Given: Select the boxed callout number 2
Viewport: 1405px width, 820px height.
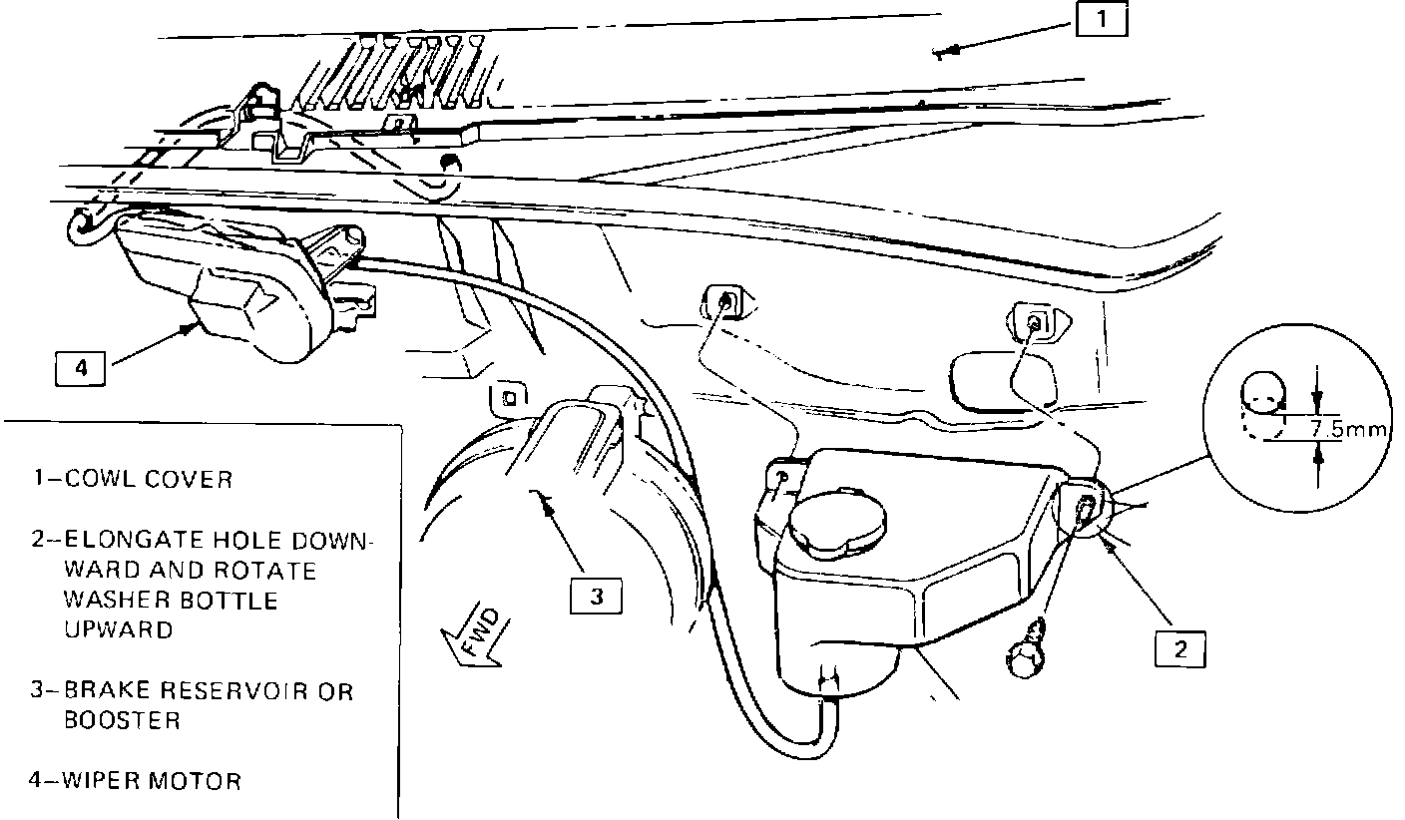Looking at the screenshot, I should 1179,649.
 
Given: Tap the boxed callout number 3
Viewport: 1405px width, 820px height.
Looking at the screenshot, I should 596,597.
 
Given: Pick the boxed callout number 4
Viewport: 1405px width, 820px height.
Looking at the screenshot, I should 80,369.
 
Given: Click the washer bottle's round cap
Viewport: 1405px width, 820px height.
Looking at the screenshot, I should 835,522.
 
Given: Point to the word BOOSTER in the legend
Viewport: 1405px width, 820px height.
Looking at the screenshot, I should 122,720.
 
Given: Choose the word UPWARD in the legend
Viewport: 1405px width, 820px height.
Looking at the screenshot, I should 118,630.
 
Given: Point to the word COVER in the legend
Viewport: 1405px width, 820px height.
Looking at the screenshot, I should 192,480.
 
